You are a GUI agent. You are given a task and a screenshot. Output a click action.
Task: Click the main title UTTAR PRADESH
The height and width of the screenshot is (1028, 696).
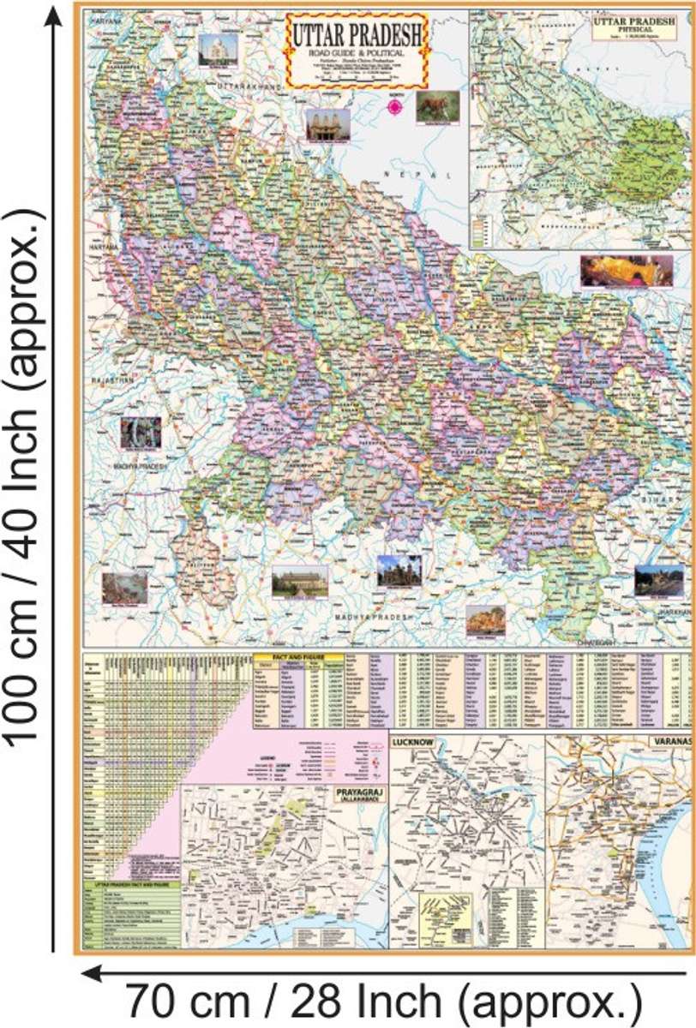[357, 35]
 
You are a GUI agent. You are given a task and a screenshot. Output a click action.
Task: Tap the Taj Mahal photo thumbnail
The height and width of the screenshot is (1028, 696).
[219, 50]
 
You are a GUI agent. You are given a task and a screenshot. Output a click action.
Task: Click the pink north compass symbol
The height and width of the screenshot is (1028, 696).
[395, 106]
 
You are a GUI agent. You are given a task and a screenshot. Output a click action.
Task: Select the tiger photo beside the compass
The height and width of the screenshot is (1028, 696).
[437, 106]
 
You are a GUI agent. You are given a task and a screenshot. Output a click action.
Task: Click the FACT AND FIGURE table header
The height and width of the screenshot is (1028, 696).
[300, 657]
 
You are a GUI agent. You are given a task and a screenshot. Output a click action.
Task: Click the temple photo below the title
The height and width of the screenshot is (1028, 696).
[328, 124]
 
